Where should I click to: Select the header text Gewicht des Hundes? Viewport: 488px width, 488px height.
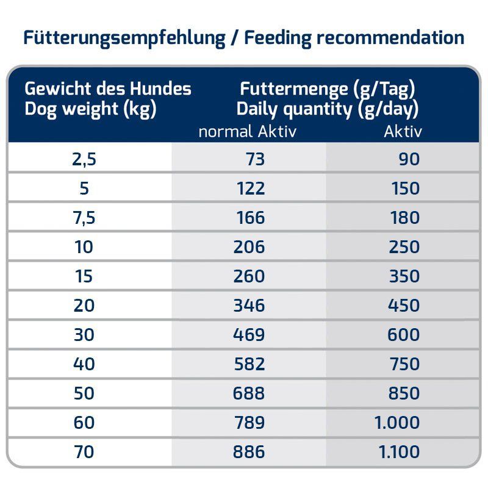[x=108, y=89]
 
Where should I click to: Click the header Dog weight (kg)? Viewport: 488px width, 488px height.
[x=91, y=110]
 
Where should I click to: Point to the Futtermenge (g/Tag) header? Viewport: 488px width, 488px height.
[x=328, y=89]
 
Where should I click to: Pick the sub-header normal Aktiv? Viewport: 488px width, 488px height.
[x=247, y=131]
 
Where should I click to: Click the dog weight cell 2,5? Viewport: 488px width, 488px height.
[x=84, y=159]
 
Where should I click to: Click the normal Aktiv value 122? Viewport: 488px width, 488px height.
[x=251, y=188]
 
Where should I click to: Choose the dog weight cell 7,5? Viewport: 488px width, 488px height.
[x=84, y=218]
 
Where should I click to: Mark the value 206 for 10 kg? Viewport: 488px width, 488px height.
[x=249, y=247]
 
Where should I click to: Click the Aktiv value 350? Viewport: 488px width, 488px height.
[x=404, y=276]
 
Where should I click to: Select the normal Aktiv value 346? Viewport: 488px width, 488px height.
[x=249, y=305]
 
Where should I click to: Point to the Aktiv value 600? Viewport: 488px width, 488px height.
[x=404, y=334]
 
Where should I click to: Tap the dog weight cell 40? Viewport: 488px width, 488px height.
[x=84, y=364]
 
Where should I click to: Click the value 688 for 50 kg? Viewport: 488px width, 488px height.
[x=249, y=393]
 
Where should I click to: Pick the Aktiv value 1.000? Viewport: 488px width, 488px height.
[x=397, y=423]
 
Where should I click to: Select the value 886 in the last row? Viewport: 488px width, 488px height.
[x=249, y=452]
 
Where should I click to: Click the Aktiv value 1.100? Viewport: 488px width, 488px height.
[x=398, y=452]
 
